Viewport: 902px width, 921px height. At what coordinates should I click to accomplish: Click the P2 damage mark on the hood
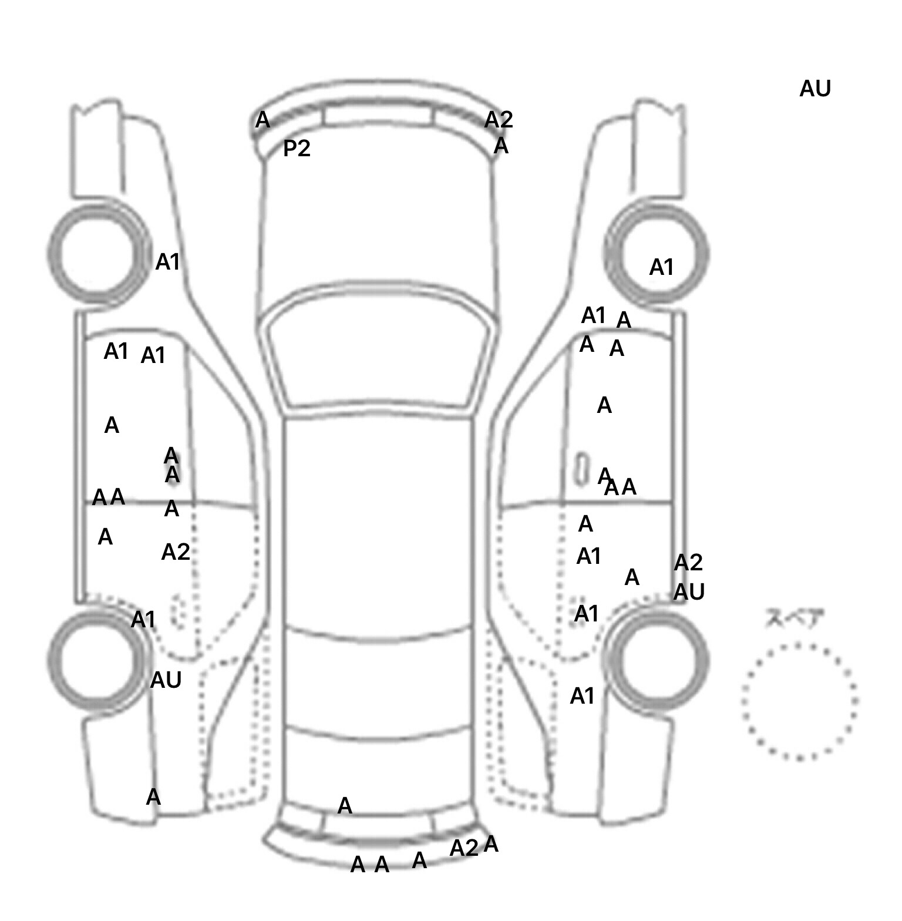(296, 149)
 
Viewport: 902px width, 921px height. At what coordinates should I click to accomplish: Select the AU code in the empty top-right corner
(815, 89)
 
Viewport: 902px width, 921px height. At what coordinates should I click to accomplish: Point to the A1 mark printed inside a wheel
(661, 268)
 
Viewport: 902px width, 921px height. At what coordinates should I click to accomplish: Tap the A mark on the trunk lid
(345, 806)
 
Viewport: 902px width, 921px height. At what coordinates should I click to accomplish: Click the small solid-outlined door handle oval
(581, 469)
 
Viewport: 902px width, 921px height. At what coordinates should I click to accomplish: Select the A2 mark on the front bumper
(499, 120)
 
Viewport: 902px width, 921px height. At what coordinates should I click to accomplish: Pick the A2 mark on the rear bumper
(464, 848)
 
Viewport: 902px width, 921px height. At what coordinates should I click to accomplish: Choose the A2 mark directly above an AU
(688, 563)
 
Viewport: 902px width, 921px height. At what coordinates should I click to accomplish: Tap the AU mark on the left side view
(166, 680)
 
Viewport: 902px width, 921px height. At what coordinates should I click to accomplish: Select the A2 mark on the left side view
(176, 552)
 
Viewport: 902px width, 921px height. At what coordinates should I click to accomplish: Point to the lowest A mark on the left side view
(153, 797)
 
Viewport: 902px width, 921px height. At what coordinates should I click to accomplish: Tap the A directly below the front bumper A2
(501, 146)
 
